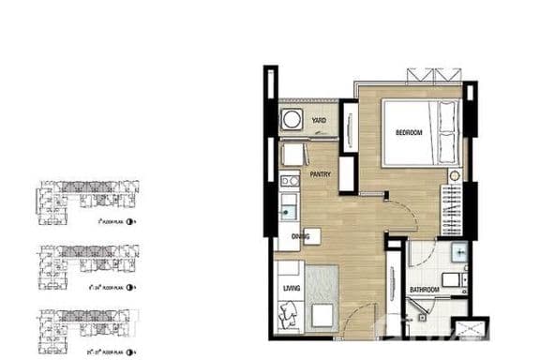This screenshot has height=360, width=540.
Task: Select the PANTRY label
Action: [x=320, y=173]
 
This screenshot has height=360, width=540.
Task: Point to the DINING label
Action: [x=302, y=236]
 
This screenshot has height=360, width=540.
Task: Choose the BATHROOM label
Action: [x=425, y=292]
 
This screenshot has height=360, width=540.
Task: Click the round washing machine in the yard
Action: [x=292, y=119]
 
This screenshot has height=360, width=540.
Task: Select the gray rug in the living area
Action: [x=322, y=295]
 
